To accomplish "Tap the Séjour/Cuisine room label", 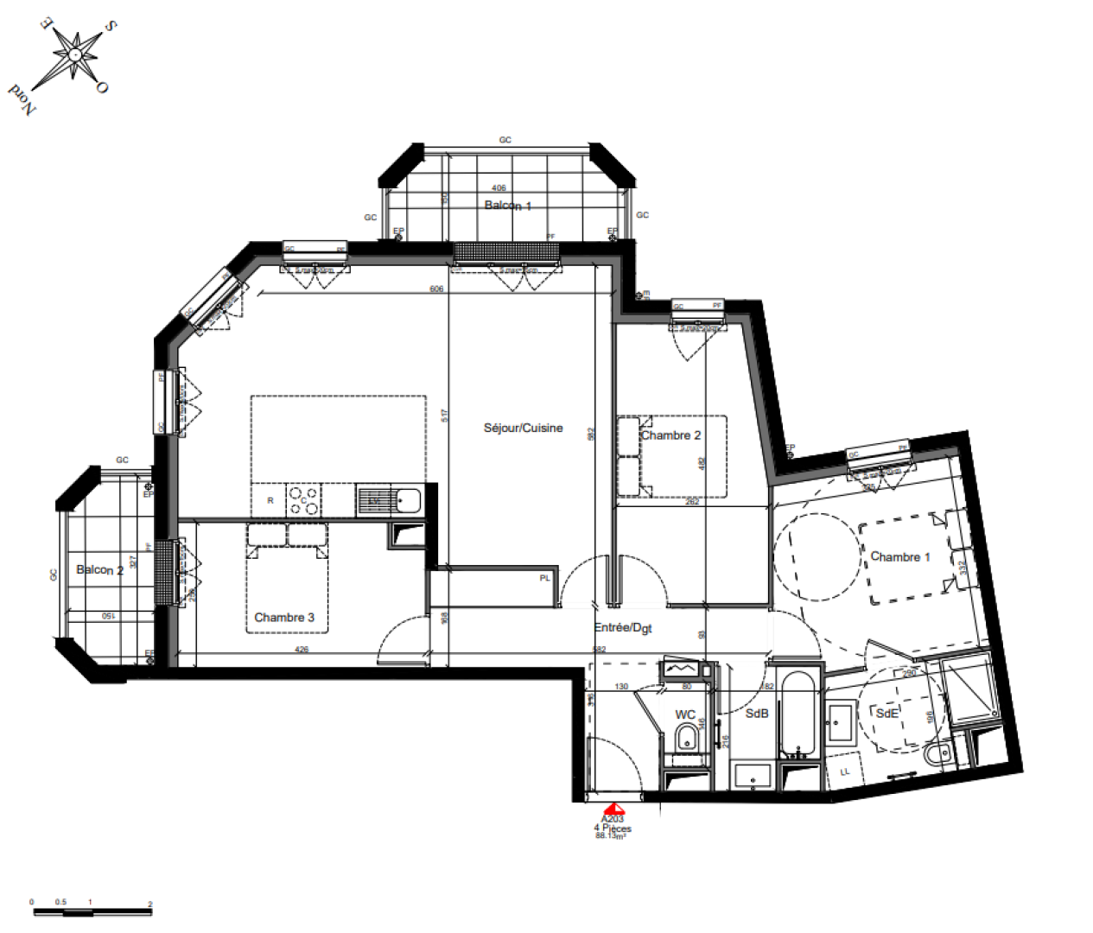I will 523,428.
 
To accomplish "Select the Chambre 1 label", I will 899,557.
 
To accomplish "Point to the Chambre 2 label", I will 670,435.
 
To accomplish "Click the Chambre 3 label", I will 284,617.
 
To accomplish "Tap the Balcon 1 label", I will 508,206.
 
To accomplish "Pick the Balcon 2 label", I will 99,570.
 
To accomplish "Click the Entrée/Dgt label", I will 623,628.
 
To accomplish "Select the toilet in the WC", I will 687,738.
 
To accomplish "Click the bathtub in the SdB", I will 798,713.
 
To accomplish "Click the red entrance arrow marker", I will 613,808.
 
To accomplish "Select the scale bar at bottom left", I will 91,911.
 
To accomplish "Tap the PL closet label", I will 545,578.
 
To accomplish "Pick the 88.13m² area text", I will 611,836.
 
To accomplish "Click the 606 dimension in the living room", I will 436,289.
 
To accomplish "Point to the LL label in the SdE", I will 845,771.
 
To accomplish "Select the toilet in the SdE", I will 935,756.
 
